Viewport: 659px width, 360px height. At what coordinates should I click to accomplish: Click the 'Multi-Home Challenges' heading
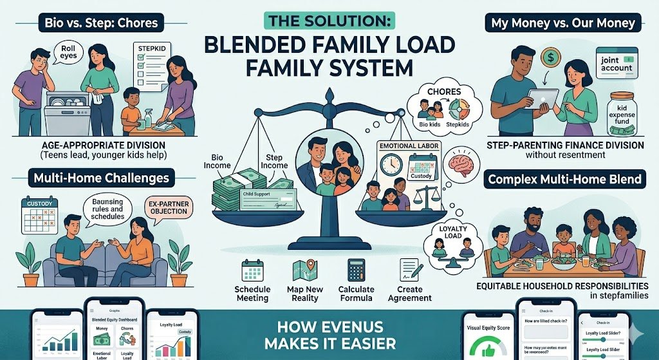click(97, 176)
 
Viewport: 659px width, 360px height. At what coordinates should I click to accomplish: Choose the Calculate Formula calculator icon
click(356, 270)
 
